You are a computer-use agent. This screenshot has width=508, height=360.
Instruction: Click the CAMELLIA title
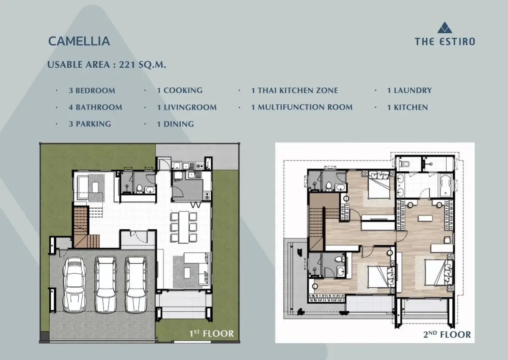79,41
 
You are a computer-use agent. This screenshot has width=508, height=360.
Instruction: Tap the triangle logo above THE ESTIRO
444,28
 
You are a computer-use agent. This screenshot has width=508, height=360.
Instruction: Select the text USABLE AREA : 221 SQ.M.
107,65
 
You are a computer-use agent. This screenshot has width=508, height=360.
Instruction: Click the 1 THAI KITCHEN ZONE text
295,91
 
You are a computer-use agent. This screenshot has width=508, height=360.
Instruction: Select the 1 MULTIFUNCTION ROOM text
302,107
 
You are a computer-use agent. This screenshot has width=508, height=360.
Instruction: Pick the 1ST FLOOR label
211,333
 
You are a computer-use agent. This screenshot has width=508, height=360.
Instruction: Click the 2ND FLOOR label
447,334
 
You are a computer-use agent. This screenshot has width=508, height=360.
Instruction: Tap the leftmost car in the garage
75,284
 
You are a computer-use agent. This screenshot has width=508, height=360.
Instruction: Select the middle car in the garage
106,285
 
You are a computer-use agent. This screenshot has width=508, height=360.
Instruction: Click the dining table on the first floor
183,227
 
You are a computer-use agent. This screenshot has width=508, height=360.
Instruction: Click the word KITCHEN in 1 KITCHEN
411,107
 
